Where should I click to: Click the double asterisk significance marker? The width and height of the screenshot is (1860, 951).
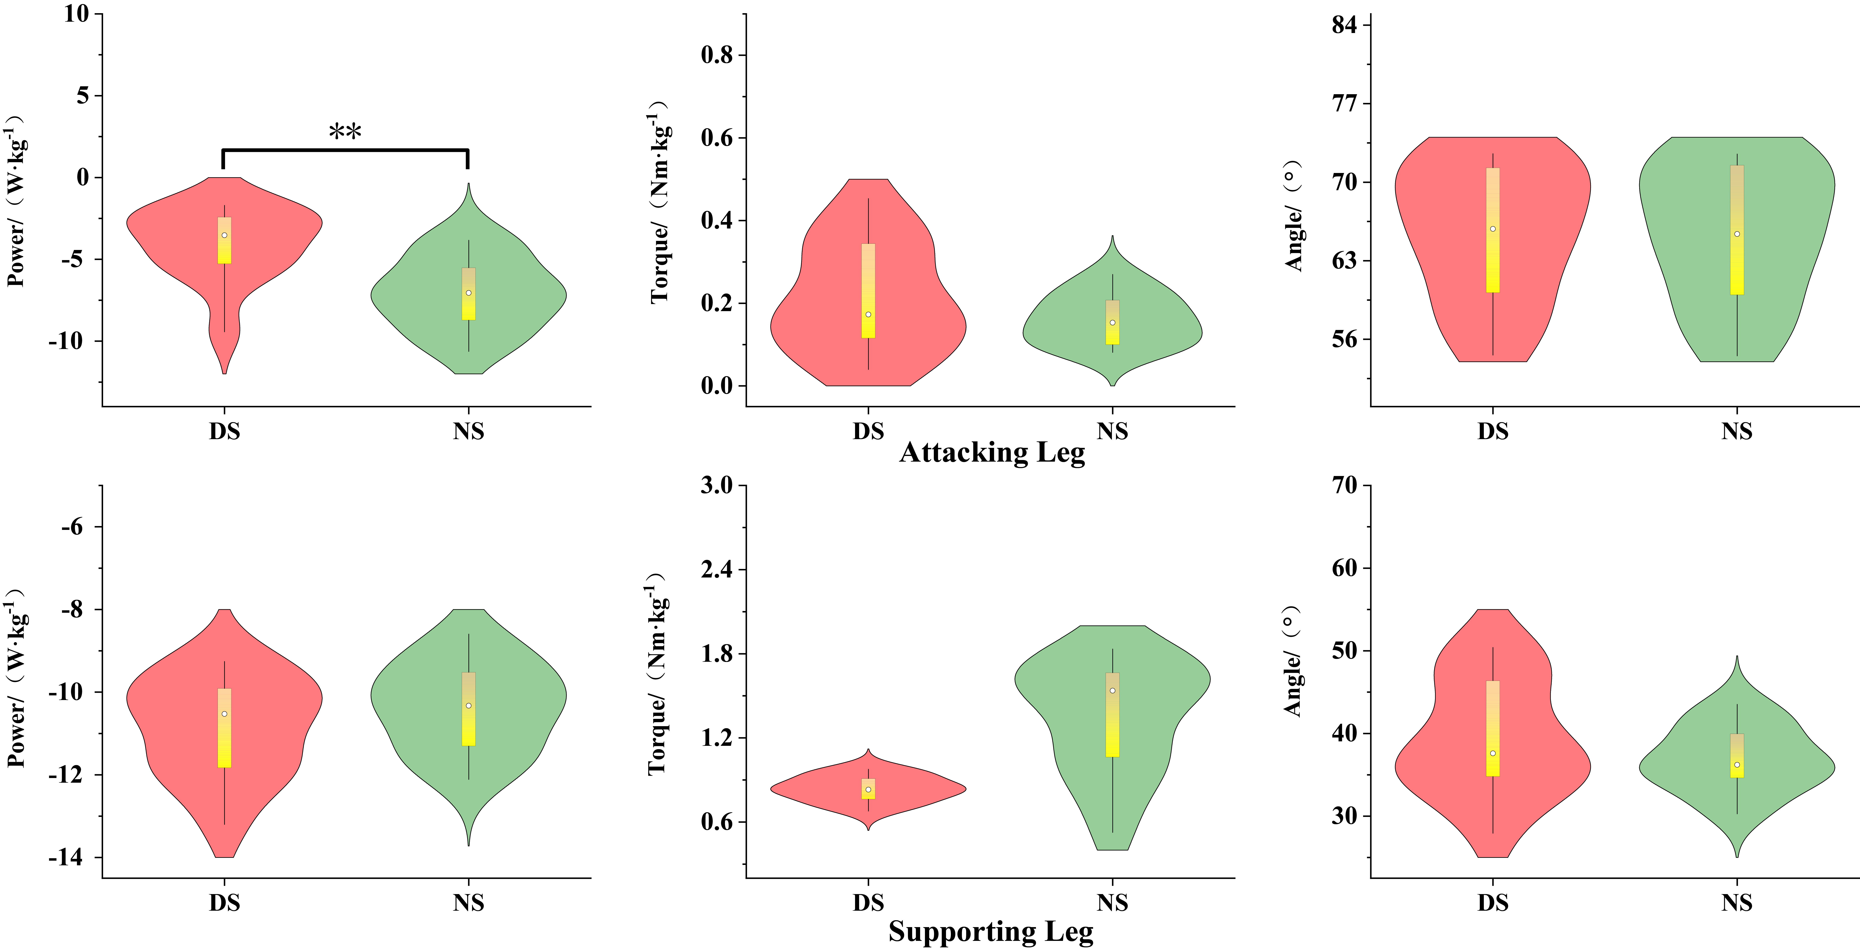345,132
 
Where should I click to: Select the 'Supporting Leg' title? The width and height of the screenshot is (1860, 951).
991,932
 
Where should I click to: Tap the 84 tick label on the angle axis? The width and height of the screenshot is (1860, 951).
1344,25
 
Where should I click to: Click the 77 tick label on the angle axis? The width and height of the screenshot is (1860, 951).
1344,103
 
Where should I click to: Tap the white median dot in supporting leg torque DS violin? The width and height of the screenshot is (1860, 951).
868,789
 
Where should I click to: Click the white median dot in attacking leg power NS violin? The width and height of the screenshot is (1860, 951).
469,292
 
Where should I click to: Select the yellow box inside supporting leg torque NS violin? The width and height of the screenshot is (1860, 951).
1112,715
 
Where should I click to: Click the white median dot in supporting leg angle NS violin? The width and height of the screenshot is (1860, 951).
1736,765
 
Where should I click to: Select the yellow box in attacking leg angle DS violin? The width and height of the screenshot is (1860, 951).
1493,230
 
